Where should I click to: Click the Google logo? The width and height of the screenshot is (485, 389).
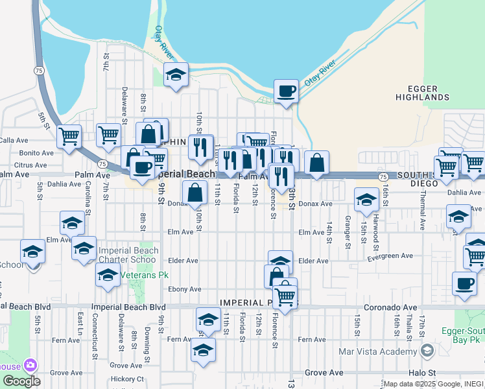[x=21, y=381]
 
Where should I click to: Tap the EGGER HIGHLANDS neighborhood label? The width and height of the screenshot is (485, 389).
[x=423, y=93]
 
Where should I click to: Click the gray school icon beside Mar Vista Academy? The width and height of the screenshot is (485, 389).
[x=427, y=351]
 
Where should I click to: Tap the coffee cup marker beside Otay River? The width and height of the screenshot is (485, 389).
[x=285, y=91]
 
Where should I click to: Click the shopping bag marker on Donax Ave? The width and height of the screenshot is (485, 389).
[x=195, y=193]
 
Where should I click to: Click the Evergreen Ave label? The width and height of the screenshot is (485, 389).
[x=390, y=256]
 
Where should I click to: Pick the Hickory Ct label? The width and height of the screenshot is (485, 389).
[x=127, y=379]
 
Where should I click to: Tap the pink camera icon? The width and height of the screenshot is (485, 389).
[x=30, y=366]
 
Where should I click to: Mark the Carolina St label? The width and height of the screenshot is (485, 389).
[x=88, y=202]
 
